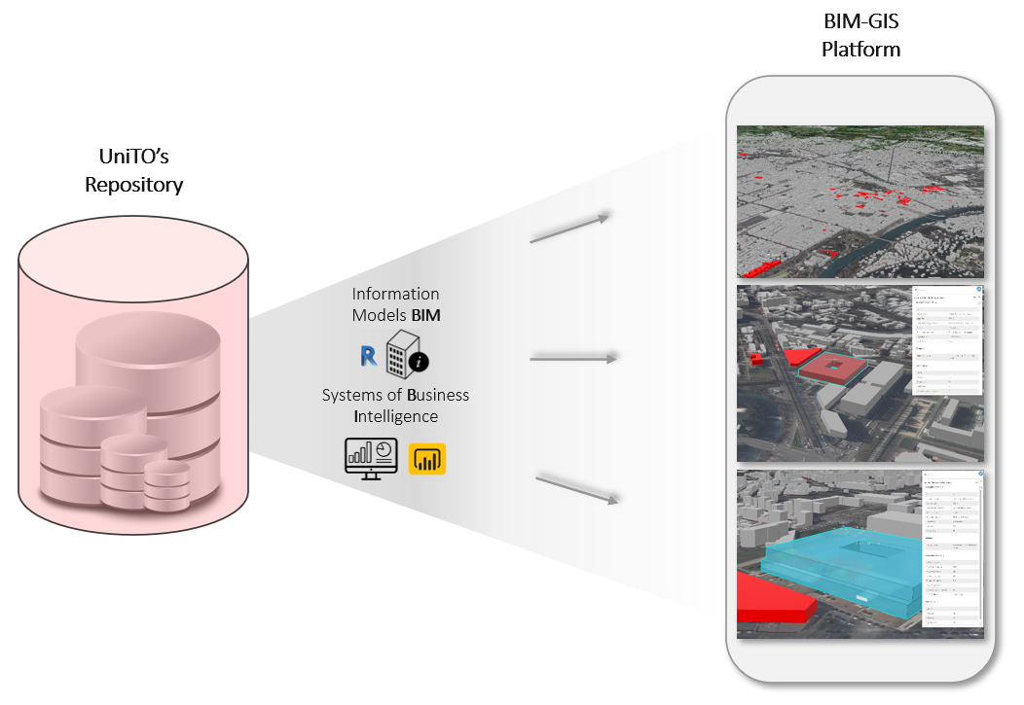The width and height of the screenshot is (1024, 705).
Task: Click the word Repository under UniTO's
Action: [133, 185]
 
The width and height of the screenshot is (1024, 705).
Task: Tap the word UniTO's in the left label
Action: [133, 157]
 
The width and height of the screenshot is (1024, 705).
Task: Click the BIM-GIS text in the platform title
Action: [860, 21]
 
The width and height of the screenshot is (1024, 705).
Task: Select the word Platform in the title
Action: [860, 49]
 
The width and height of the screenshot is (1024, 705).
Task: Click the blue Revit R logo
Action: [368, 357]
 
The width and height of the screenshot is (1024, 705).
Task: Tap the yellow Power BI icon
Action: [426, 458]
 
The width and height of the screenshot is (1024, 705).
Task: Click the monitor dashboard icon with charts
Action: [371, 456]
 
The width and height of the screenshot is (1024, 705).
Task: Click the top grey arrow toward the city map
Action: [569, 228]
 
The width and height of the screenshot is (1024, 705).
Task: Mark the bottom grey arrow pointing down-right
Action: [578, 489]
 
